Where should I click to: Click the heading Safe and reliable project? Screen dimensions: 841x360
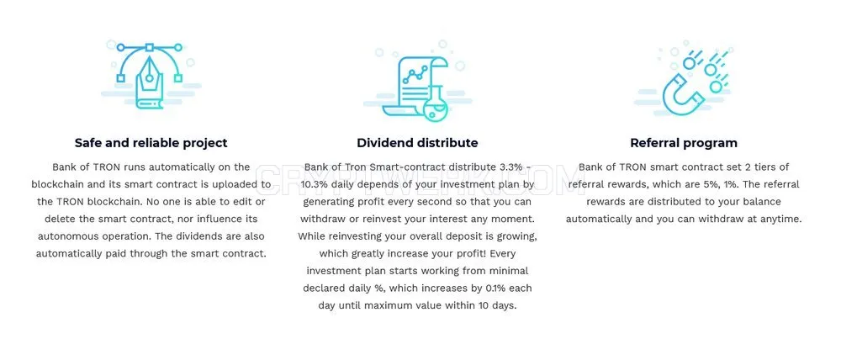point(151,143)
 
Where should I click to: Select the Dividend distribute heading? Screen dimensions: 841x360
point(417,143)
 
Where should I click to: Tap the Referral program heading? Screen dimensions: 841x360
point(683,143)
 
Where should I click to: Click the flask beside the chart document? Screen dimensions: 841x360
point(436,105)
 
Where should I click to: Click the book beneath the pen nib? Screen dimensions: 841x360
point(149,97)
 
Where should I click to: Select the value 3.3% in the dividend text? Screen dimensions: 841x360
point(510,167)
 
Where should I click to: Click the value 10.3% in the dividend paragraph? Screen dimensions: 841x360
point(316,184)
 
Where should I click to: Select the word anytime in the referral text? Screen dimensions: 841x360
point(780,220)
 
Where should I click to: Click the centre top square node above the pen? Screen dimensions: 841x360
point(150,47)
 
